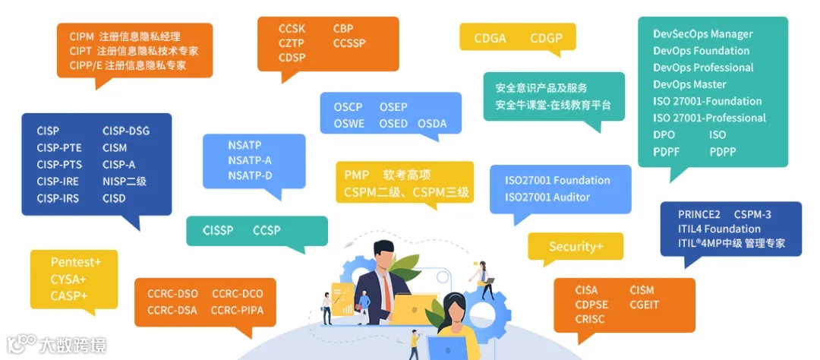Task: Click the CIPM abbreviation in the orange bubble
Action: click(x=80, y=36)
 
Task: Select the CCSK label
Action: click(x=292, y=29)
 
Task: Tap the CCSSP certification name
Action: click(x=348, y=43)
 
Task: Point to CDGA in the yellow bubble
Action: click(x=490, y=38)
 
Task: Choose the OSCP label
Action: click(x=348, y=107)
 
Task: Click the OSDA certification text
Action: click(x=432, y=124)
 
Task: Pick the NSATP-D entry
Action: click(x=250, y=176)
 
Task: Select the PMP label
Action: click(x=356, y=175)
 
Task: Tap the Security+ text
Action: click(x=576, y=247)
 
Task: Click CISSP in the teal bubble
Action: click(x=218, y=230)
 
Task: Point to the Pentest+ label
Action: click(x=76, y=262)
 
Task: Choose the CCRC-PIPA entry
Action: click(x=237, y=310)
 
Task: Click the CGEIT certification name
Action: click(x=644, y=305)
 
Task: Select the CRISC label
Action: click(x=590, y=320)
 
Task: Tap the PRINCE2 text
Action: click(x=699, y=214)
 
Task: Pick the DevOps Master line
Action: click(x=689, y=84)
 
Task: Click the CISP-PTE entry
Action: click(x=59, y=147)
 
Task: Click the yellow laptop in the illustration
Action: click(x=414, y=308)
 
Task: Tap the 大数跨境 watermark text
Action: click(x=73, y=346)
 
